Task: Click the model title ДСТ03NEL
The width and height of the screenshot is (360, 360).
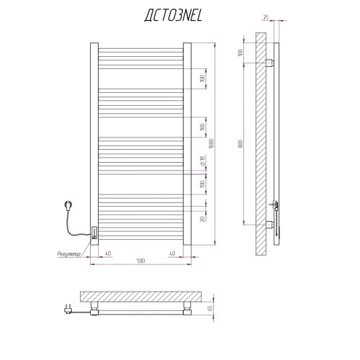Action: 174,16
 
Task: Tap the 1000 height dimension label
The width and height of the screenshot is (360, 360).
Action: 211,143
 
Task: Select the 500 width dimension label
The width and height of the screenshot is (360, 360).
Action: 141,261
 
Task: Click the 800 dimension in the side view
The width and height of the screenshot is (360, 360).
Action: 241,143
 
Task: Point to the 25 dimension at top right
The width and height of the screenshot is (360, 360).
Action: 266,17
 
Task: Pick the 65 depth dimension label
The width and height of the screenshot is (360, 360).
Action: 210,308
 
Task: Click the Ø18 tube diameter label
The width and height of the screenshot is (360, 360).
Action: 202,161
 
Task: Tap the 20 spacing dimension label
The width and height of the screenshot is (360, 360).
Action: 202,219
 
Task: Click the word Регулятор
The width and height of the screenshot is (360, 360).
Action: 69,254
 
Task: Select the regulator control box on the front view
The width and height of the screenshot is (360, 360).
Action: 94,233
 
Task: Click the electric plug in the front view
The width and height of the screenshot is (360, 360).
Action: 68,206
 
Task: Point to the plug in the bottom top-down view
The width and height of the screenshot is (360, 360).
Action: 68,309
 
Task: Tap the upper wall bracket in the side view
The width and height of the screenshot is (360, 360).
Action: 270,63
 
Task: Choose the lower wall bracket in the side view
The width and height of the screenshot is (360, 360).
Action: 270,225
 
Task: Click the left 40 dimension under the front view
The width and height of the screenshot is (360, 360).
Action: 108,253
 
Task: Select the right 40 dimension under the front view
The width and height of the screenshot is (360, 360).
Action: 172,253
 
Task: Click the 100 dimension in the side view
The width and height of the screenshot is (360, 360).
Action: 240,53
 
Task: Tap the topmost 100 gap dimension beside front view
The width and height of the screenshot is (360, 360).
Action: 202,78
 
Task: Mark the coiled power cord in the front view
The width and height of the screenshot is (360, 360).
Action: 74,225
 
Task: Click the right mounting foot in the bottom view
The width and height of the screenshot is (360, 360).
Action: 187,308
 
